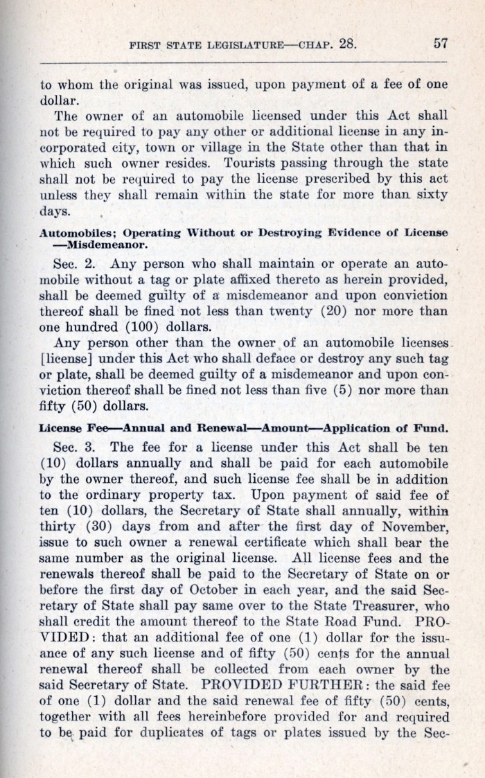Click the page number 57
point(441,43)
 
